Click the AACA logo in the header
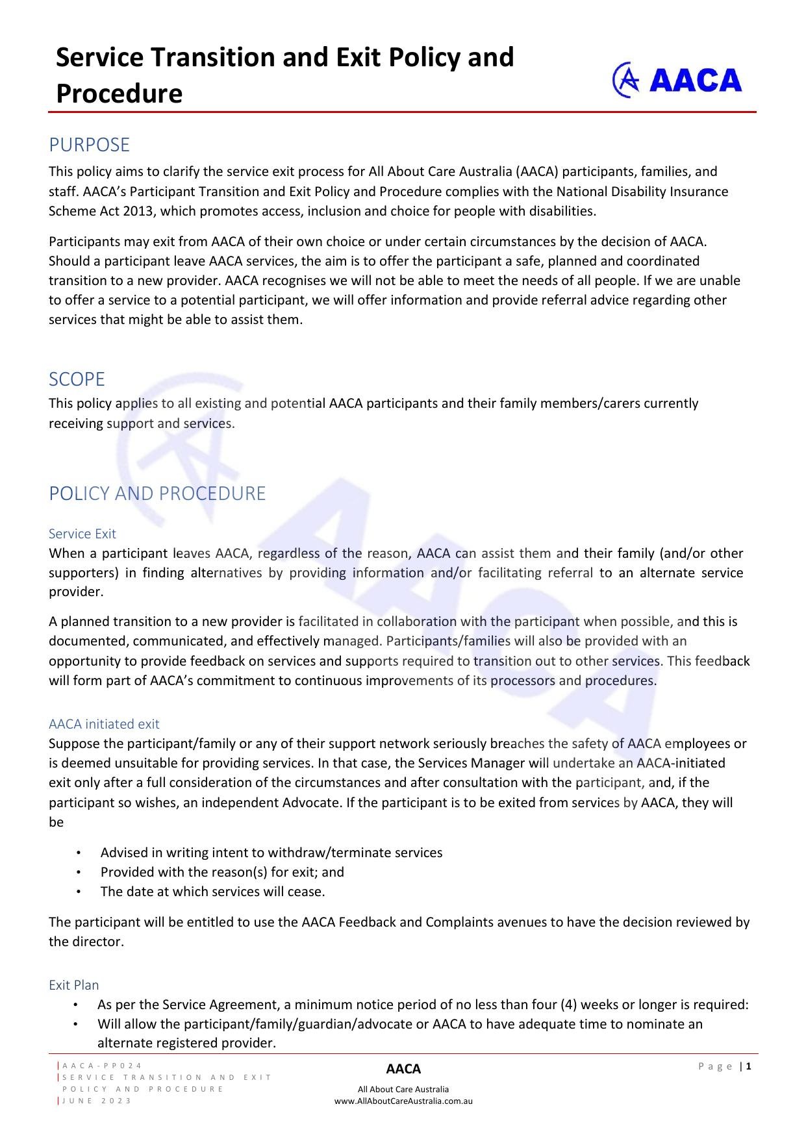click(677, 80)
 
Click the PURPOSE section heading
click(89, 144)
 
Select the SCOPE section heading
click(77, 379)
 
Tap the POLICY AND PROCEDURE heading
click(157, 494)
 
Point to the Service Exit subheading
click(82, 534)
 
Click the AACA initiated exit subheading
click(104, 724)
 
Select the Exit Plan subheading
click(73, 985)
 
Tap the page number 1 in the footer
click(749, 1066)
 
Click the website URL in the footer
click(403, 1101)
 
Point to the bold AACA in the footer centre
click(403, 1069)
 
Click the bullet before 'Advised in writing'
click(78, 853)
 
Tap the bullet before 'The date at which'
click(78, 892)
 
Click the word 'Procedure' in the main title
click(119, 94)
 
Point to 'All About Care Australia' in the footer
click(403, 1089)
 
